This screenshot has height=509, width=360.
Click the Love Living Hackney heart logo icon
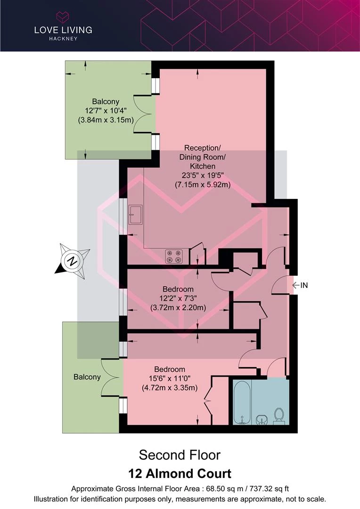click(x=63, y=17)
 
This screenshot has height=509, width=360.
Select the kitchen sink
click(x=135, y=214)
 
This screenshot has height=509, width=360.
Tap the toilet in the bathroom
click(x=279, y=415)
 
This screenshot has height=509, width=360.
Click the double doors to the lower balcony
click(x=112, y=377)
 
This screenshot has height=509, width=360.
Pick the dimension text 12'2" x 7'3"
click(x=178, y=298)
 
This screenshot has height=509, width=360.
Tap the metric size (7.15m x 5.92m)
click(x=203, y=185)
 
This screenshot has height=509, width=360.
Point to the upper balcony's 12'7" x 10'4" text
click(x=106, y=111)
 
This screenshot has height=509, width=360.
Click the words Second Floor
click(x=180, y=455)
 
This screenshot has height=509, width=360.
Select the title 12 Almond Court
click(x=180, y=473)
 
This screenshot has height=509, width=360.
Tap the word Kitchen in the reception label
click(x=203, y=166)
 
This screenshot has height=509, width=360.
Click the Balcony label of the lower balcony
click(x=87, y=377)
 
